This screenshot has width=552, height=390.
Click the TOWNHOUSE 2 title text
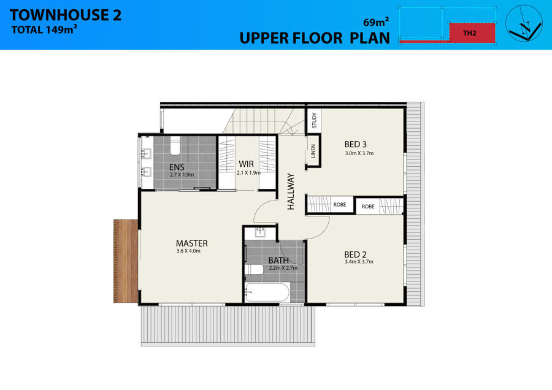pos(66,15)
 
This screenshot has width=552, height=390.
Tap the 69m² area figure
pos(376,22)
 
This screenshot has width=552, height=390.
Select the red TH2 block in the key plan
pos(472,33)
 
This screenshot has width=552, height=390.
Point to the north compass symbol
pos(524,23)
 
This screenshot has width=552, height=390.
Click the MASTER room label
pos(192,243)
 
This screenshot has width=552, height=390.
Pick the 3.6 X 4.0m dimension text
pos(188,251)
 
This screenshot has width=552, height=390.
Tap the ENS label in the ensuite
pos(177,167)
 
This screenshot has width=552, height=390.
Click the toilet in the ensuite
pos(175,146)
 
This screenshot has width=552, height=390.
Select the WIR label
pos(246,164)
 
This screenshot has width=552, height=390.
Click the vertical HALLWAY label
pos(291,191)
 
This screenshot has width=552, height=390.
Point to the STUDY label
pos(315,120)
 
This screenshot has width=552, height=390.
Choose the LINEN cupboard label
pos(313,151)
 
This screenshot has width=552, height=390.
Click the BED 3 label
pos(356,144)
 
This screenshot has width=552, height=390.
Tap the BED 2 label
pos(355,254)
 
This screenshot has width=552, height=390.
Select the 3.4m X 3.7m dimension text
pos(359,261)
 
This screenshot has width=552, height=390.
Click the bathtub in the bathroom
pos(267,292)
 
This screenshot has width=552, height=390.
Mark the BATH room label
pos(278,261)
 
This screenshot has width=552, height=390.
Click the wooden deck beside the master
pos(126,261)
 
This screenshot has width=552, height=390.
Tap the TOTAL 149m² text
pos(44,29)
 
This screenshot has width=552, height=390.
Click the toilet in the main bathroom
pos(254,270)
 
